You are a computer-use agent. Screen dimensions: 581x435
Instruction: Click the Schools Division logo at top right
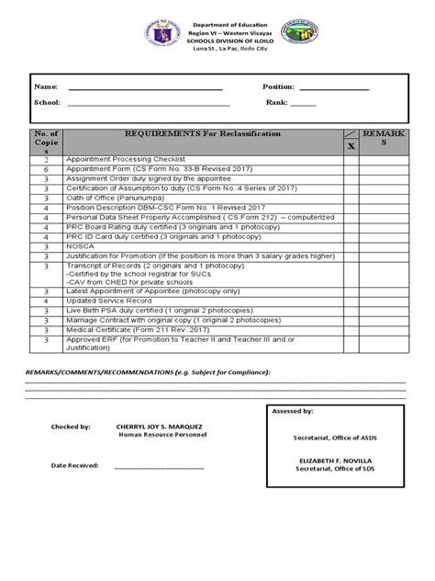tap(299, 34)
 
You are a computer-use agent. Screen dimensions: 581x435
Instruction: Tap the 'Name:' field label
tap(46, 86)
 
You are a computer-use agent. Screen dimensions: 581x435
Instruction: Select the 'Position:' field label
tap(279, 86)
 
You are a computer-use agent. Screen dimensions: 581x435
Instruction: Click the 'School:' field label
tap(49, 102)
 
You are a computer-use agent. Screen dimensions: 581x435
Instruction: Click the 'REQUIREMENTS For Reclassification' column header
tap(202, 134)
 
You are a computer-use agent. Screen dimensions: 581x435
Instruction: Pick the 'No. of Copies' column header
tap(45, 142)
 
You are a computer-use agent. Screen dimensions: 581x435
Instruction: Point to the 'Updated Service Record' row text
tap(108, 300)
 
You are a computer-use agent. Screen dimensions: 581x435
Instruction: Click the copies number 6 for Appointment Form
tap(45, 168)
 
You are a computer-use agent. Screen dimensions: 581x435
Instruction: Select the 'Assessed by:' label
tap(294, 412)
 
